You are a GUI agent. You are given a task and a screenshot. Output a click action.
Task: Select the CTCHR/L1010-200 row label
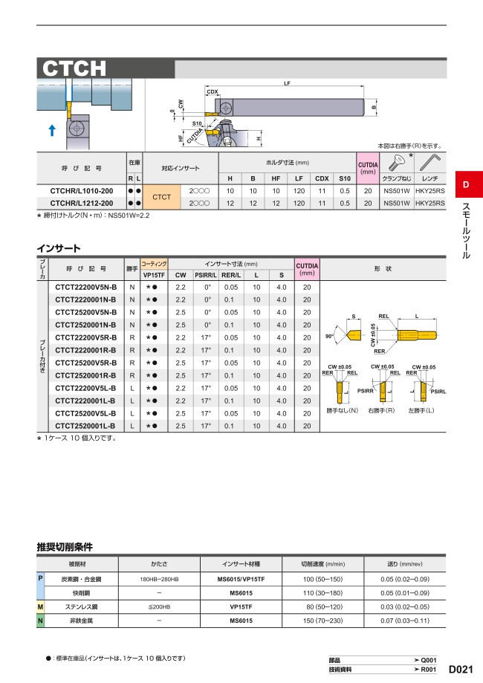[x=81, y=191]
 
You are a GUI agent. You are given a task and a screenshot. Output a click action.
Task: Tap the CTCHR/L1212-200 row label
[x=81, y=203]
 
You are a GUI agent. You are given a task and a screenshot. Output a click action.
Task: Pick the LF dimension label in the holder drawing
[x=287, y=84]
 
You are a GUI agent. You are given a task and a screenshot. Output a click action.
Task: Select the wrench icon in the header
[x=429, y=161]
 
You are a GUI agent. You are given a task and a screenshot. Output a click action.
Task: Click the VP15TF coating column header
[x=154, y=275]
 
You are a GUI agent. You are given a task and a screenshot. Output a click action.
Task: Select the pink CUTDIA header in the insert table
[x=307, y=269]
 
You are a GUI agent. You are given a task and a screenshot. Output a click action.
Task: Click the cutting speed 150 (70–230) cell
[x=323, y=621]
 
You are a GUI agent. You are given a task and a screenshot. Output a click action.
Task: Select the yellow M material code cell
[x=40, y=606]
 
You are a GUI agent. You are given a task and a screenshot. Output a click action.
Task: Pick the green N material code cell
[x=40, y=621]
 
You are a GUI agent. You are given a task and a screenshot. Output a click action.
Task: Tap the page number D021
[x=462, y=668]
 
